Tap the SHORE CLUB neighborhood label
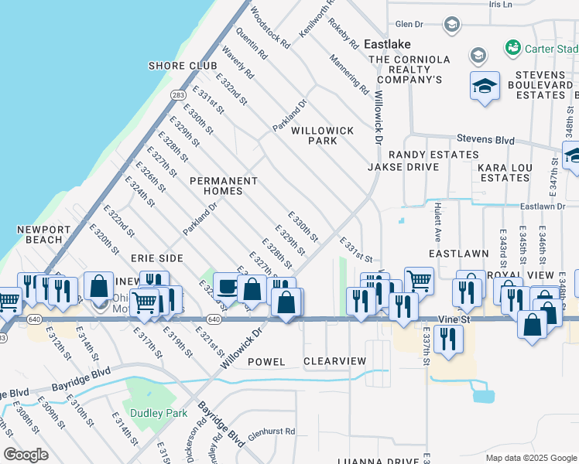point(183,66)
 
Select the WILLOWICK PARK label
point(324,135)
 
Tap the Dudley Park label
point(159,414)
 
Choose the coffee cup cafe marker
point(227,287)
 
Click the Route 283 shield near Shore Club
point(178,94)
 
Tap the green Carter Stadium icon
point(512,49)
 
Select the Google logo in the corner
point(26,455)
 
